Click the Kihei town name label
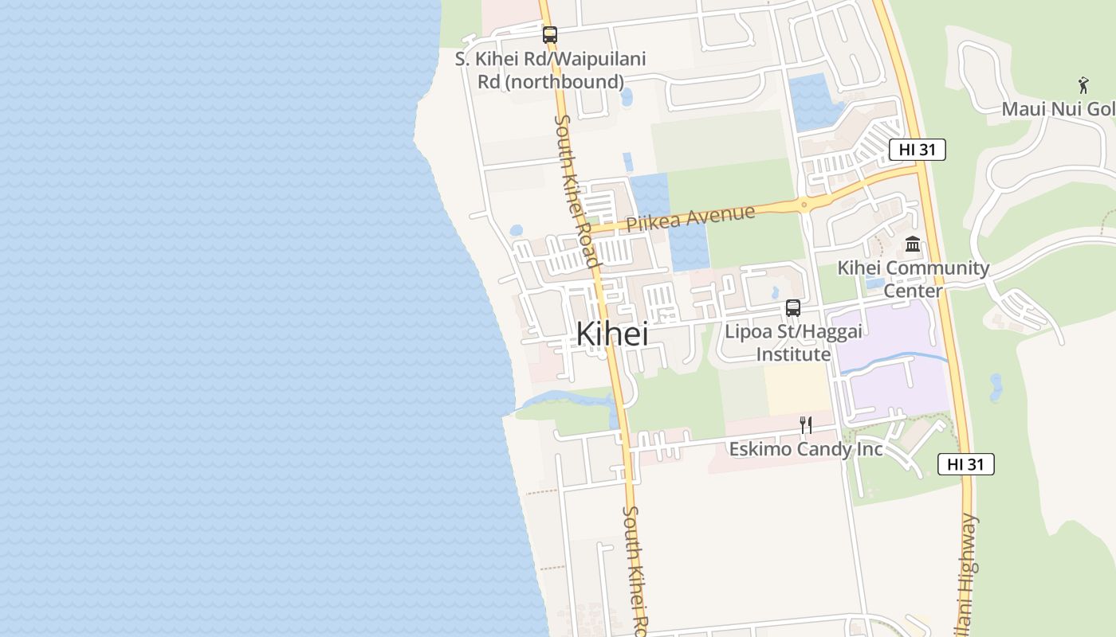point(611,334)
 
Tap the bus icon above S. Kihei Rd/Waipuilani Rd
point(549,35)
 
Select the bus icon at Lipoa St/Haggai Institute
point(792,308)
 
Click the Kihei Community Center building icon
point(913,244)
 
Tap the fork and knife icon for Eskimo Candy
point(806,425)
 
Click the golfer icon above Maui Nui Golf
point(1083,85)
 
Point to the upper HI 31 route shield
point(917,150)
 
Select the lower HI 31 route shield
point(965,464)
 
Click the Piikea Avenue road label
point(690,218)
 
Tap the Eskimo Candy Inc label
point(806,449)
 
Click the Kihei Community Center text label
point(913,279)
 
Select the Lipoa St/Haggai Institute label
point(793,342)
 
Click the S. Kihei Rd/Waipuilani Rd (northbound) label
point(550,70)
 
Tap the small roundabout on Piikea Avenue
point(804,205)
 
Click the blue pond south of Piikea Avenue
point(689,247)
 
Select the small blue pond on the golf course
point(996,387)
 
